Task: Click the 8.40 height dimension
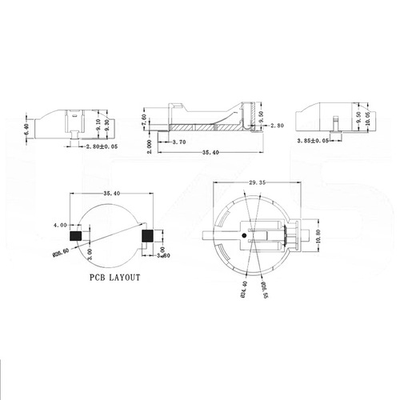pos(29,126)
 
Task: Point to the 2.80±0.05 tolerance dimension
pos(102,147)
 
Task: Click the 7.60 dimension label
pos(143,120)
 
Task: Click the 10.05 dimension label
pos(367,119)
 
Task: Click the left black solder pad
pos(76,238)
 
